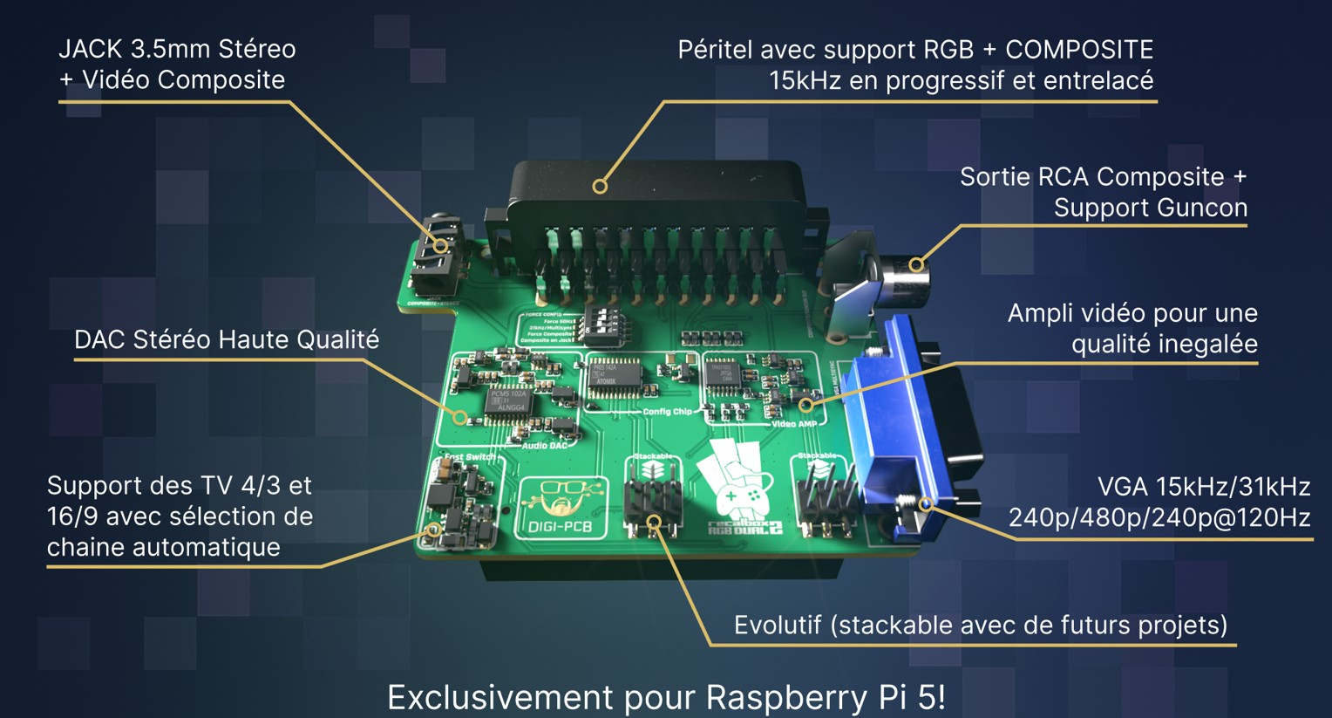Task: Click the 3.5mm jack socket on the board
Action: pos(436,257)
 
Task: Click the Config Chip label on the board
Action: pos(667,412)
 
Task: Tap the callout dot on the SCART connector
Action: pos(600,186)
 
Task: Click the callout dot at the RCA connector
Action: pos(915,264)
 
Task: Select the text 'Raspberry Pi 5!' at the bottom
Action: pos(826,698)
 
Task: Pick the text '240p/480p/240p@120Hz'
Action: pos(1159,518)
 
